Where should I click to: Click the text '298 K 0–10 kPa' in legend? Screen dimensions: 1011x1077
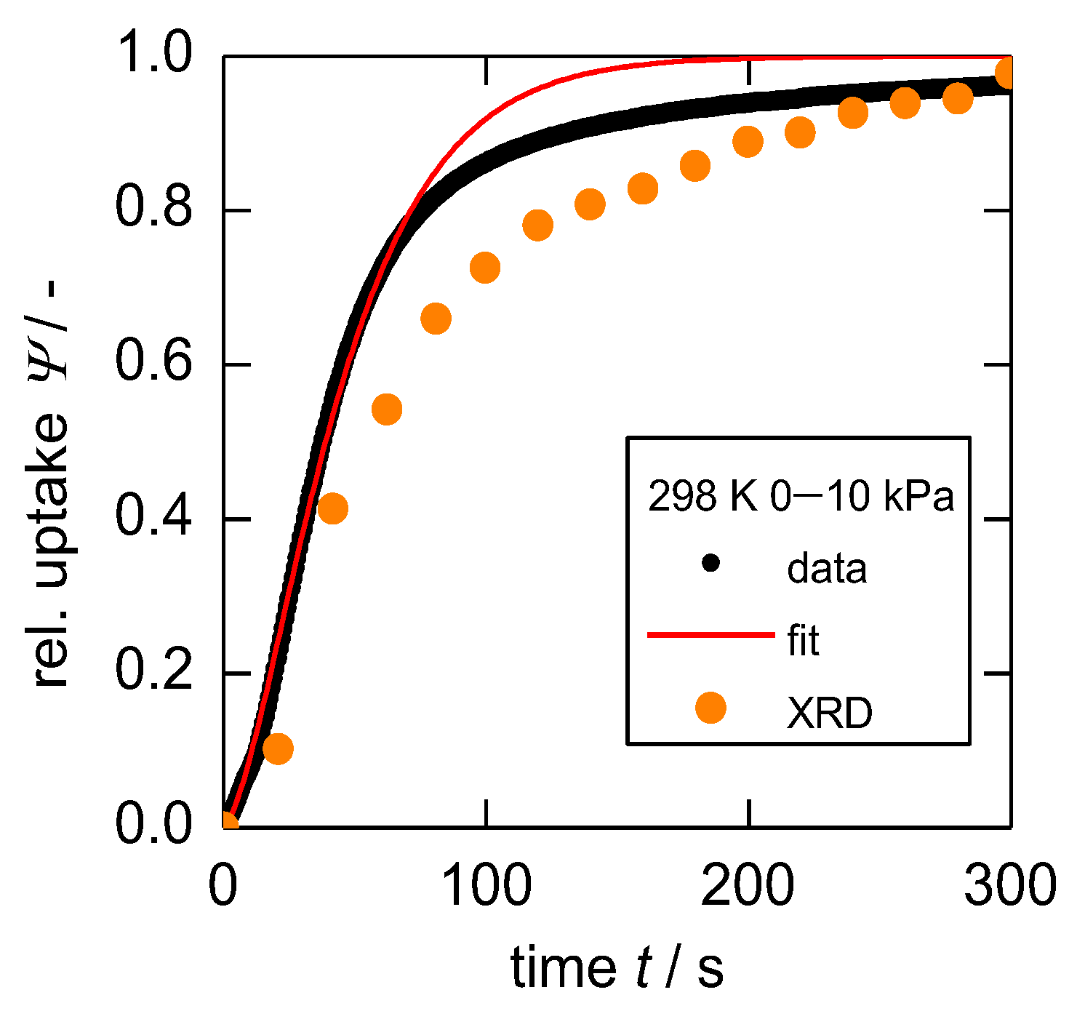pyautogui.click(x=800, y=497)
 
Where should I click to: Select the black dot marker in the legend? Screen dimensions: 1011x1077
pyautogui.click(x=710, y=563)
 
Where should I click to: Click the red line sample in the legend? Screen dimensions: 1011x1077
pyautogui.click(x=710, y=635)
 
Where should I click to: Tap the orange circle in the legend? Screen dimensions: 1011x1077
pyautogui.click(x=710, y=708)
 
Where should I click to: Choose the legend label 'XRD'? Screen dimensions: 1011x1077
pyautogui.click(x=829, y=714)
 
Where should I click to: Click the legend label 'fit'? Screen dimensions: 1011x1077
pyautogui.click(x=803, y=641)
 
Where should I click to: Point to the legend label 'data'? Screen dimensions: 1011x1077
pyautogui.click(x=827, y=568)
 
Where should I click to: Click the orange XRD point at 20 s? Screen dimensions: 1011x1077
pyautogui.click(x=278, y=748)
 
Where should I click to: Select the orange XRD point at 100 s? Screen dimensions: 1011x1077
pyautogui.click(x=485, y=268)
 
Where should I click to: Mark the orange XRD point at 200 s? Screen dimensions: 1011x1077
pyautogui.click(x=748, y=141)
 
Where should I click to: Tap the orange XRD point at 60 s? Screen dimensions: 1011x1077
pyautogui.click(x=387, y=409)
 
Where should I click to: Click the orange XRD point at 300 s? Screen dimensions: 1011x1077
pyautogui.click(x=1006, y=73)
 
